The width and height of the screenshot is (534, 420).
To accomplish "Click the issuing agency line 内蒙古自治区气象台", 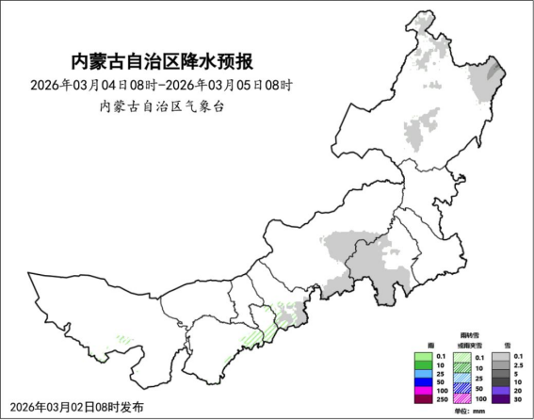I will (x=161, y=105).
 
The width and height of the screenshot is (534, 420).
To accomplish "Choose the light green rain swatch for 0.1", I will (x=423, y=356).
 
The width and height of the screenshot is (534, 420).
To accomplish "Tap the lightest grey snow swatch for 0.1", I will (x=500, y=356).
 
